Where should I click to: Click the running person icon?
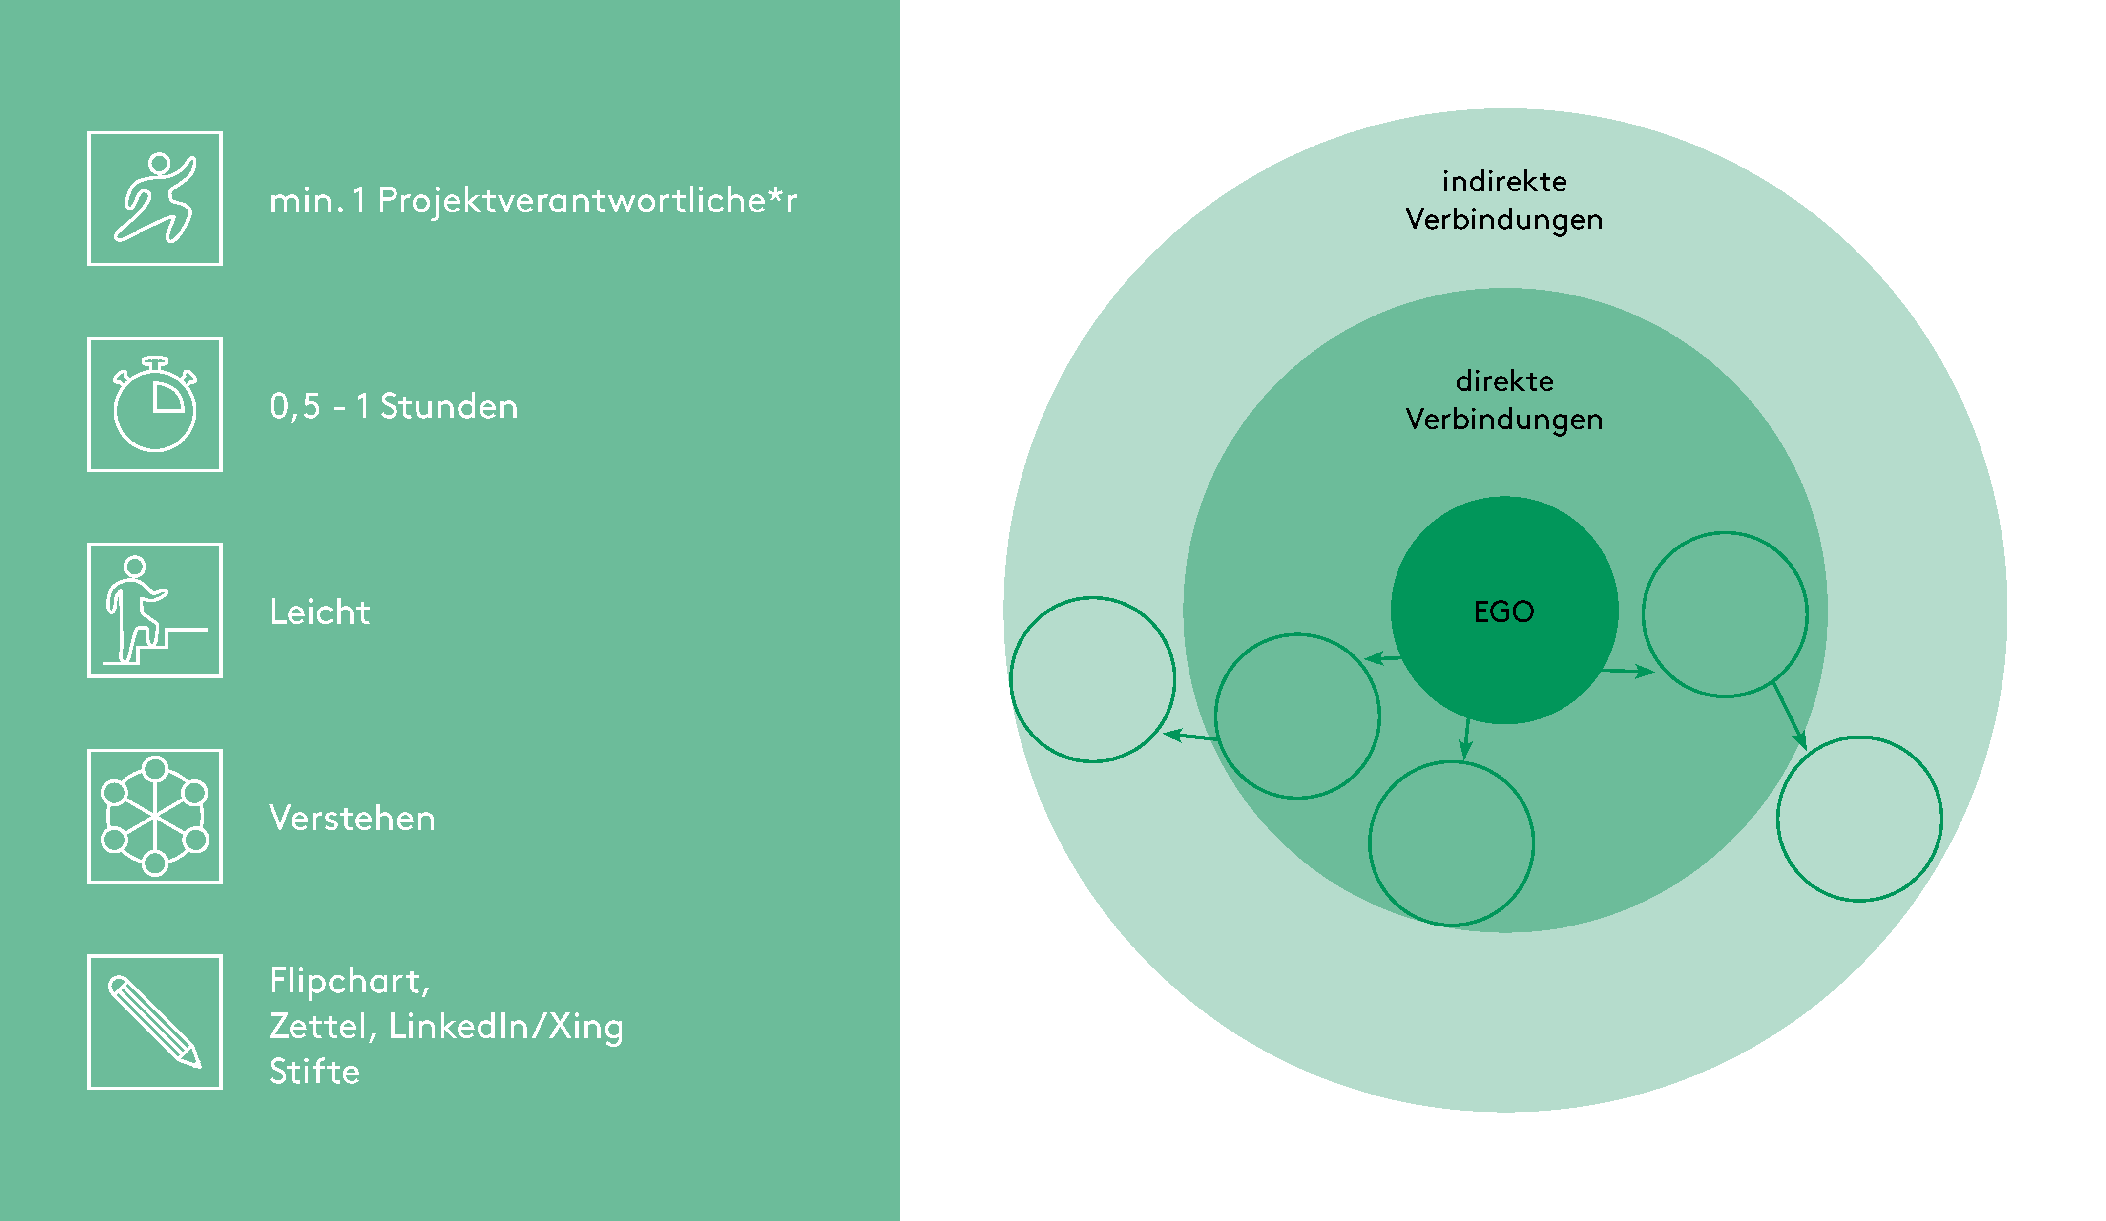click(x=155, y=199)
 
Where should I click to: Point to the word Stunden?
click(x=449, y=407)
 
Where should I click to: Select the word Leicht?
click(x=319, y=612)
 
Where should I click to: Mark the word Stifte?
click(x=314, y=1072)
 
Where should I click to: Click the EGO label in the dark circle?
click(x=1504, y=612)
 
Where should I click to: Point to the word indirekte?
click(x=1504, y=181)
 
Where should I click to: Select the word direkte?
click(x=1504, y=381)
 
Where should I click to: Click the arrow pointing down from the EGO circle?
click(x=1466, y=739)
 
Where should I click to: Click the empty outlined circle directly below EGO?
click(x=1452, y=843)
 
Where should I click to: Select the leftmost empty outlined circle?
click(x=1093, y=679)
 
